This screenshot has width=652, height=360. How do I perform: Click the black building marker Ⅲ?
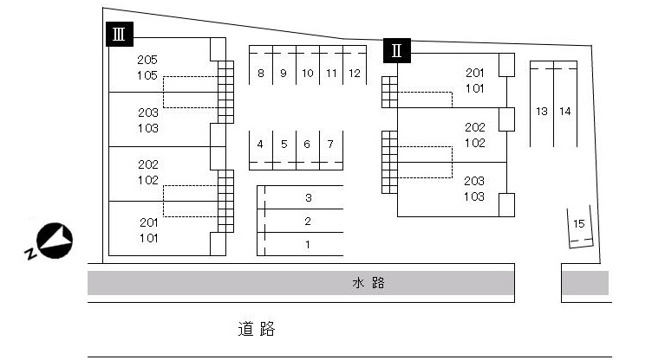[120, 34]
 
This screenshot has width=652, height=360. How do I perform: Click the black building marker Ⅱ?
[397, 50]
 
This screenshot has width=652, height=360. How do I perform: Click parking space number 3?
[300, 197]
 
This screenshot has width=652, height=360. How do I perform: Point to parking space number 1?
[300, 244]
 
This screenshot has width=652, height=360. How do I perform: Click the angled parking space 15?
[580, 227]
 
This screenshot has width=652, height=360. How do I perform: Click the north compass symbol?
[54, 241]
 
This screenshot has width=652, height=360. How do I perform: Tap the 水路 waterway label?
[368, 283]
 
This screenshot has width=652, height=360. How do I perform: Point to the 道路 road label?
[257, 329]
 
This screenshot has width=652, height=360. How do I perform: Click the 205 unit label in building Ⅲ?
[147, 60]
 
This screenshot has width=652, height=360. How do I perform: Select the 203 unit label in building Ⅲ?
[148, 113]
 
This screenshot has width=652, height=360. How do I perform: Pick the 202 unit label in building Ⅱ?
[475, 127]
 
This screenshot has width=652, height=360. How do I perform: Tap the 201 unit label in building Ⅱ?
[475, 73]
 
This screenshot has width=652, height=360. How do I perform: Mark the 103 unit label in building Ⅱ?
[474, 197]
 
